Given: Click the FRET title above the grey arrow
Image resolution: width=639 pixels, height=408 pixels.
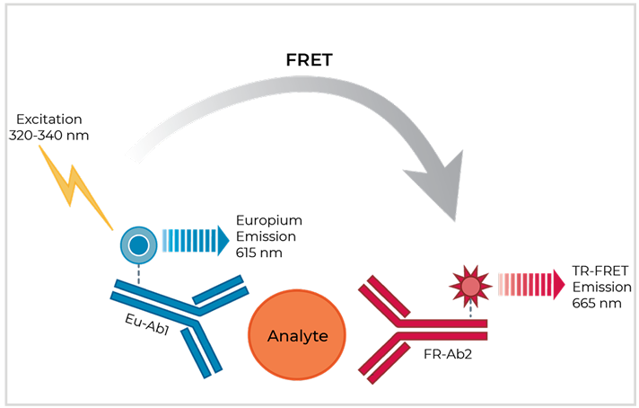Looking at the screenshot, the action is tap(310, 60).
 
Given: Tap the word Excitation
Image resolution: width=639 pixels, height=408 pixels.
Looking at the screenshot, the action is tap(48, 120).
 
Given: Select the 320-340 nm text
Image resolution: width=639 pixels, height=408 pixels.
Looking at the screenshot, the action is tap(48, 136).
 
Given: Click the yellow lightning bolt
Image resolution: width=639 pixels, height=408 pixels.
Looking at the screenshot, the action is tap(75, 187).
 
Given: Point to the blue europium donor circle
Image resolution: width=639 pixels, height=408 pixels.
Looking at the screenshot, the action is tap(138, 245).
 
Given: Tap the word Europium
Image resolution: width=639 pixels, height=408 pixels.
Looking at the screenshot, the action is tap(269, 221).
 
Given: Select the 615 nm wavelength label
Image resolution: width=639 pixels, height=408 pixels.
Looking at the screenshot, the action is tap(258, 253).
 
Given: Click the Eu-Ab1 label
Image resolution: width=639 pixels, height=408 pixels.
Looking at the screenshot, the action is tap(146, 324).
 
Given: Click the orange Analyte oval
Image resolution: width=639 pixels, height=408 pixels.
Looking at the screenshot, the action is tap(297, 334).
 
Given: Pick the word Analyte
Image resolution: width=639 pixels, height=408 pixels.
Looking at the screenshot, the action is tap(297, 336).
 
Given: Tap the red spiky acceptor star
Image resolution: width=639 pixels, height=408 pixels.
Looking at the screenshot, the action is tap(470, 286).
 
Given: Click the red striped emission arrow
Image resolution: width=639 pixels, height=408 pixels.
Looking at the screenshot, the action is tap(531, 284).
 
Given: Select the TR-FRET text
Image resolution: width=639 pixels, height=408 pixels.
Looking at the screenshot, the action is tap(600, 271).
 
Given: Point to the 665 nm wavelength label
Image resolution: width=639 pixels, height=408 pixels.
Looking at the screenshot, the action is tap(597, 304).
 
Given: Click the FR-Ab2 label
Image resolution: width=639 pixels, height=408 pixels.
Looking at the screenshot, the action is tap(448, 354).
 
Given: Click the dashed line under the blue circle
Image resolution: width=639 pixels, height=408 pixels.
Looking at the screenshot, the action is tap(138, 274).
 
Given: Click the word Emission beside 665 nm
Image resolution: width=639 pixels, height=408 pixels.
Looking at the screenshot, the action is tap(602, 288).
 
